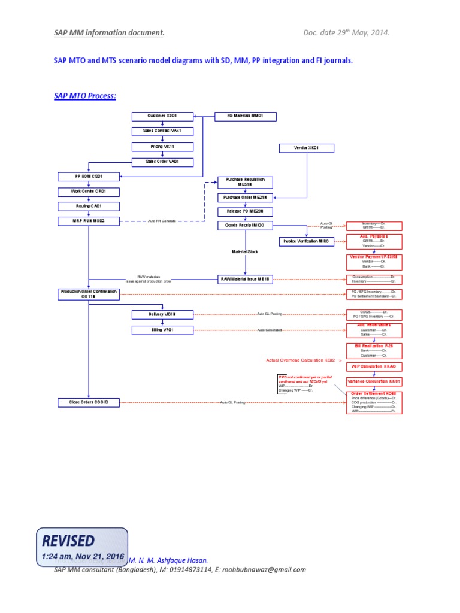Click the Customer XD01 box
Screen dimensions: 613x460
(162, 116)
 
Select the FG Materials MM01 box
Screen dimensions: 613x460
(246, 116)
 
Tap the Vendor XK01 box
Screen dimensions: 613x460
(307, 148)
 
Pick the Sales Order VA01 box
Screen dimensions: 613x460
(162, 162)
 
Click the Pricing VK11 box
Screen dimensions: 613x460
(162, 147)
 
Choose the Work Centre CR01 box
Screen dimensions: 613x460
(88, 192)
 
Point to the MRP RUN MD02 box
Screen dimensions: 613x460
(88, 221)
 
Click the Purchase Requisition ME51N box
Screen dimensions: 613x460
(245, 182)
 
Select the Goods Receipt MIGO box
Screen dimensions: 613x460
(245, 225)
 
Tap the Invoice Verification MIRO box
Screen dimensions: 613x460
(306, 241)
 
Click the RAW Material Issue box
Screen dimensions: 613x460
(245, 279)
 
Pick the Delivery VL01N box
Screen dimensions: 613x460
(162, 314)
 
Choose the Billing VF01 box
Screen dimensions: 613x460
(162, 330)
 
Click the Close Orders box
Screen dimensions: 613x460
(88, 402)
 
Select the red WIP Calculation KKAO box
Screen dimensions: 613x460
(374, 366)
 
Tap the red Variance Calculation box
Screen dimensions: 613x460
(374, 381)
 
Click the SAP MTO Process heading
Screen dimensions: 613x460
(85, 96)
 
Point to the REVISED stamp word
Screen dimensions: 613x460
(68, 541)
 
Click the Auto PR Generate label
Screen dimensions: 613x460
(162, 221)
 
